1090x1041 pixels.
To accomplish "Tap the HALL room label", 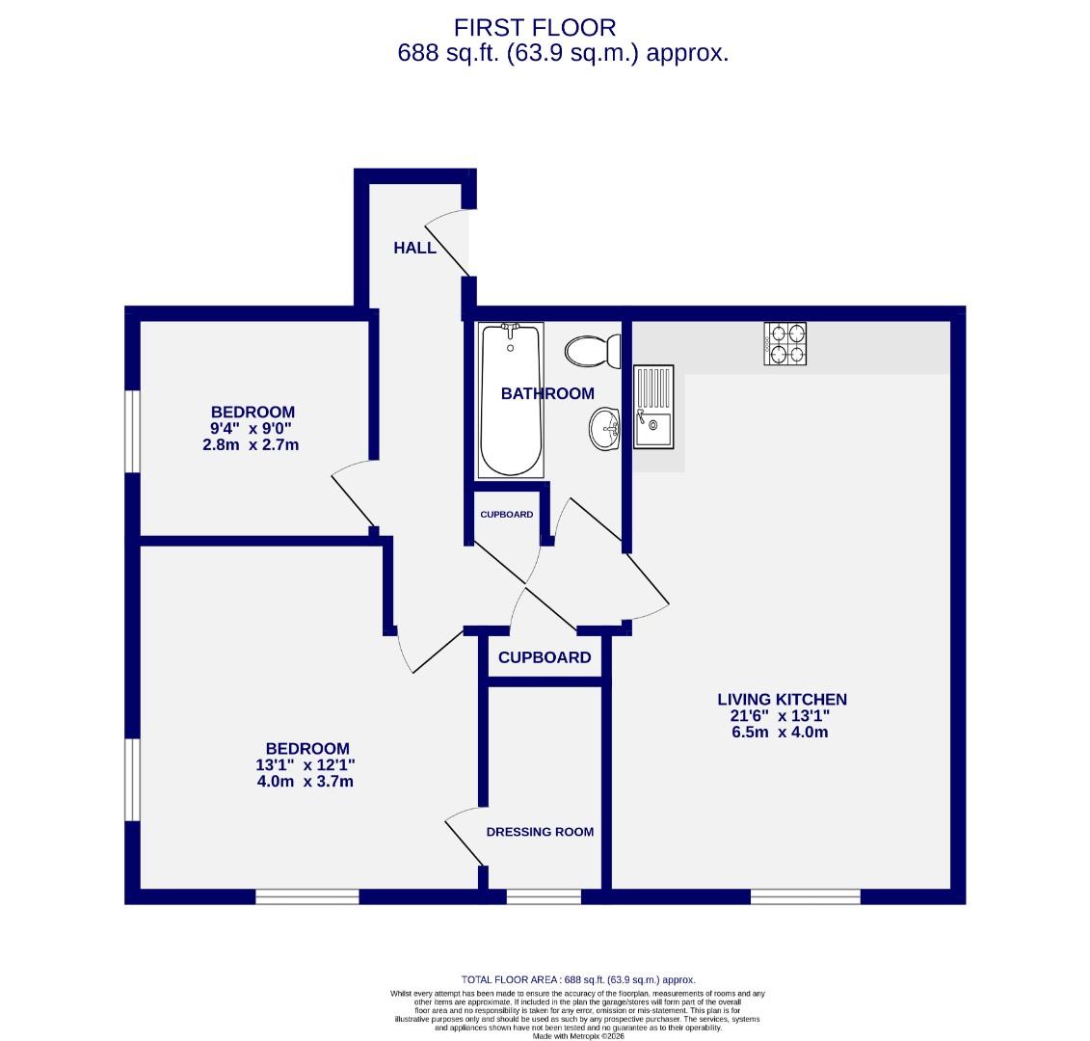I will pyautogui.click(x=414, y=248).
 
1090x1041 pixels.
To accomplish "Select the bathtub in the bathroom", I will pyautogui.click(x=511, y=399).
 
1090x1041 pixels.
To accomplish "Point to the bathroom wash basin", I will pyautogui.click(x=606, y=427).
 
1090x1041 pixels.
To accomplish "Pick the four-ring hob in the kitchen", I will pyautogui.click(x=785, y=344).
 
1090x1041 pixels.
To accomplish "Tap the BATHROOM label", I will pyautogui.click(x=547, y=393).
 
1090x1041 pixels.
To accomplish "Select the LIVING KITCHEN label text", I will pyautogui.click(x=782, y=700).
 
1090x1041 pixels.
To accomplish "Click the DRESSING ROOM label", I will pyautogui.click(x=540, y=832).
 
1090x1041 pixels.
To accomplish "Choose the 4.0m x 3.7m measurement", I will pyautogui.click(x=305, y=782).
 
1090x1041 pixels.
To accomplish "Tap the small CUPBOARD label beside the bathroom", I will pyautogui.click(x=506, y=515).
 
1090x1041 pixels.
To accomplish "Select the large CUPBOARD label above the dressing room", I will pyautogui.click(x=545, y=657).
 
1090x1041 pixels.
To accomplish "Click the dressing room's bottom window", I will pyautogui.click(x=544, y=896).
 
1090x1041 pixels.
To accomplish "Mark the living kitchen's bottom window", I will pyautogui.click(x=805, y=896).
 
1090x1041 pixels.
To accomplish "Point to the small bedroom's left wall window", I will pyautogui.click(x=133, y=431).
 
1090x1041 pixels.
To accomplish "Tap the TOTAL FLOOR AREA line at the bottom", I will pyautogui.click(x=578, y=978).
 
